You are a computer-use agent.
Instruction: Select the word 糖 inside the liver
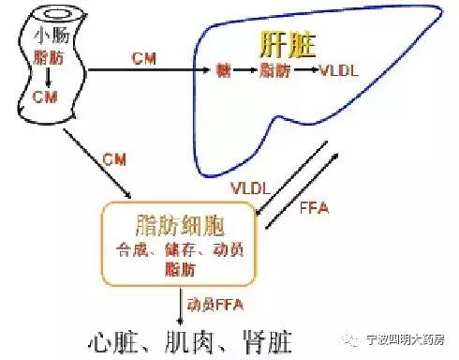[x=223, y=70]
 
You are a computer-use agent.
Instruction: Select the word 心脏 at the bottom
[x=117, y=337]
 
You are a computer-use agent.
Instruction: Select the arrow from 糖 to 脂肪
[x=245, y=70]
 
